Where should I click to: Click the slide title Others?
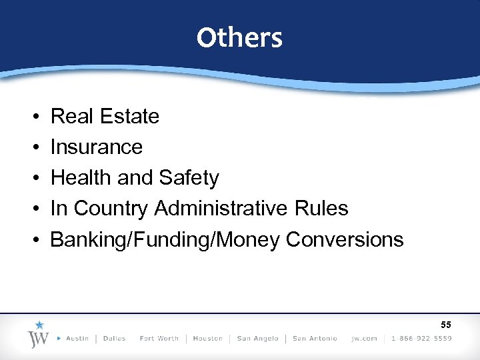click(239, 38)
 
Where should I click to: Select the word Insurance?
click(97, 147)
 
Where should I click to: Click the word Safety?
click(189, 178)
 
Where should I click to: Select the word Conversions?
click(345, 239)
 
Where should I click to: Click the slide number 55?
click(445, 325)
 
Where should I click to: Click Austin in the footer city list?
click(77, 339)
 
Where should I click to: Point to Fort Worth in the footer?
click(159, 339)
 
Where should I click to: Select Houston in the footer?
click(207, 339)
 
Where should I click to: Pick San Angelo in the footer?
click(258, 339)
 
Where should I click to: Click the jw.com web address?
click(365, 339)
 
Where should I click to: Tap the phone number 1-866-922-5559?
click(421, 339)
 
